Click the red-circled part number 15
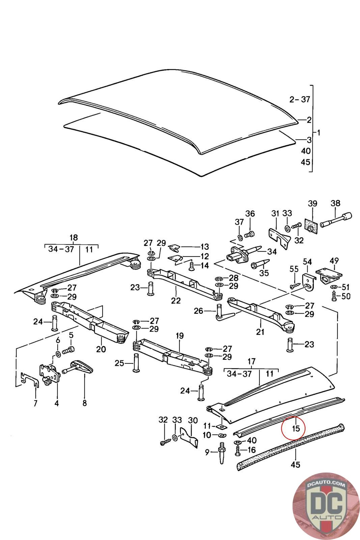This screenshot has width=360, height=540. coord(296,429)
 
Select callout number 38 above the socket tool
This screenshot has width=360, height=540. coord(335,204)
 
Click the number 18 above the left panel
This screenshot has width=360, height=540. coord(73,237)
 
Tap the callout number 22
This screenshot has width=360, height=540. coord(176,301)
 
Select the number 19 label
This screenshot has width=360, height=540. coord(179,336)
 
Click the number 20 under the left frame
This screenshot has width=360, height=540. coord(101,349)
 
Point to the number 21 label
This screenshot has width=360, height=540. coord(260,332)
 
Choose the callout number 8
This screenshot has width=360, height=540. coord(84,403)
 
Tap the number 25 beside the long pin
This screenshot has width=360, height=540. coord(119,363)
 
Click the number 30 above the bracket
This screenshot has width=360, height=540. coord(193,420)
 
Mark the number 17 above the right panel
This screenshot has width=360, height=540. coord(251,361)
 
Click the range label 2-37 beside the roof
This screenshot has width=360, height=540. coord(300,99)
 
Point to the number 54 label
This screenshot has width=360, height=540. coord(307,262)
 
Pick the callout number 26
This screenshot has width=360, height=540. coord(199,310)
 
